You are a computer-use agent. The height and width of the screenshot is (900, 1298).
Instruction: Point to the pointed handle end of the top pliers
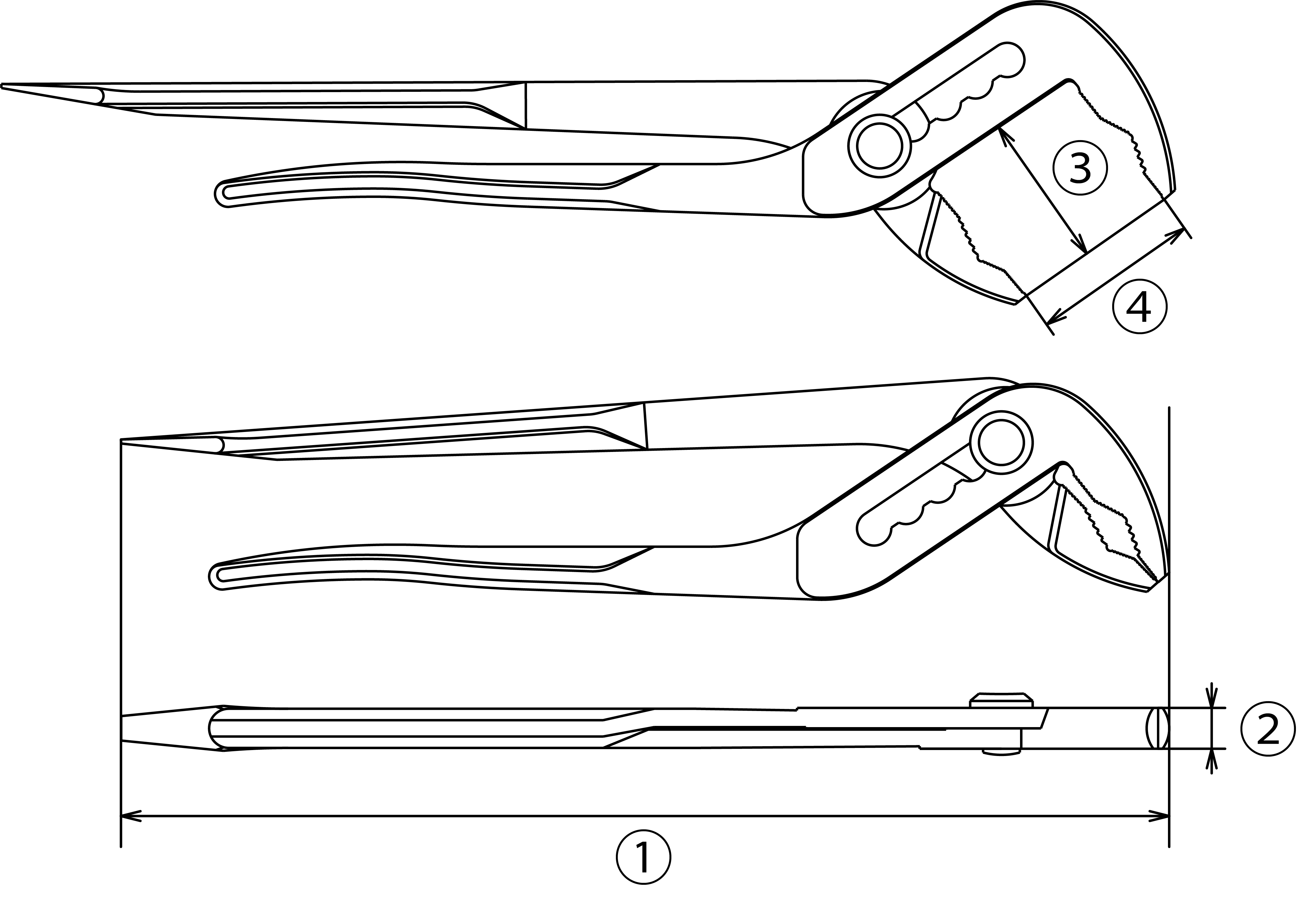[x=3, y=86]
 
